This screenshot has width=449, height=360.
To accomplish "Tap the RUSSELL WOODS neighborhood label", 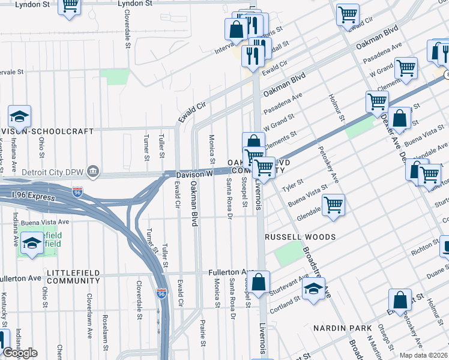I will pos(300,237).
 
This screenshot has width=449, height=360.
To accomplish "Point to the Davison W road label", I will pos(194,174).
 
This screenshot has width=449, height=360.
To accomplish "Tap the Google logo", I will pos(20,352).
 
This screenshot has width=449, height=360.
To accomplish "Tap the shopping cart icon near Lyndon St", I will pos(70,6).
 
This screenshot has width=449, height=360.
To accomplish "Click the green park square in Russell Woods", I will pos(288,256).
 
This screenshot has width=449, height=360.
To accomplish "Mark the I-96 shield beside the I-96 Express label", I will pos(77,193).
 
